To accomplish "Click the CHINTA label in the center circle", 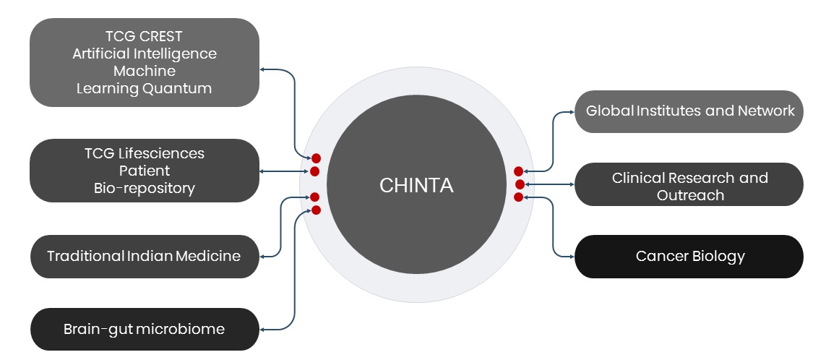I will click(416, 185).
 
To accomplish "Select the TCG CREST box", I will click(145, 63).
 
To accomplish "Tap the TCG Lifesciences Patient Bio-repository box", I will click(145, 171).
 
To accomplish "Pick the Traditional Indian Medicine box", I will click(145, 256).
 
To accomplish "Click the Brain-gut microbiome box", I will click(145, 329).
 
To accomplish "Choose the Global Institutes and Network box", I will click(689, 111).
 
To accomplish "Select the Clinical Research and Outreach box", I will click(689, 185).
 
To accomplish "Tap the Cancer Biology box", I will click(689, 256).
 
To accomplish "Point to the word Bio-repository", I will click(145, 188).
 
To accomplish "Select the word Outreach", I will click(690, 195).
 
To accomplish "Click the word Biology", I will click(718, 256).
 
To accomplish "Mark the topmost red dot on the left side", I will click(316, 158).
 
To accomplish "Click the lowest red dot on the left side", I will click(316, 210).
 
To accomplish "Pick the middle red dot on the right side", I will click(520, 184).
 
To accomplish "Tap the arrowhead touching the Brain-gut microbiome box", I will click(262, 330).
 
